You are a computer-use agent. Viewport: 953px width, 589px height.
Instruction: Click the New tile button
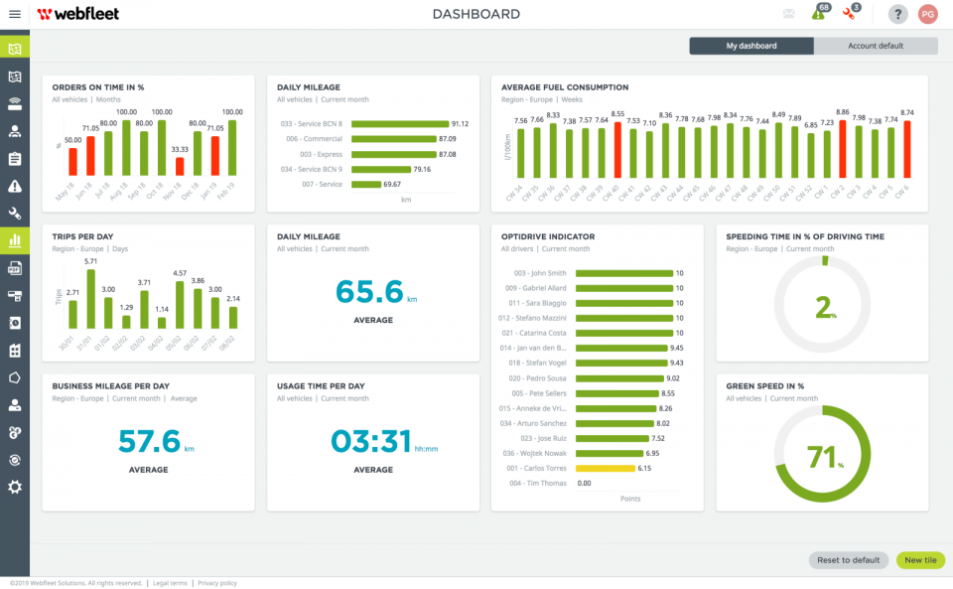tap(920, 560)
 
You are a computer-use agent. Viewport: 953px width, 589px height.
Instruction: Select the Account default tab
tap(875, 46)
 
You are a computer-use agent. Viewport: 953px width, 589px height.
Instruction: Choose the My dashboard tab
tap(751, 46)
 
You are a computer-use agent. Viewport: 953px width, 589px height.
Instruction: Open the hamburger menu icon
tap(15, 14)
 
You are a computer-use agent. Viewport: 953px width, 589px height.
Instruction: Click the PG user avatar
tap(927, 14)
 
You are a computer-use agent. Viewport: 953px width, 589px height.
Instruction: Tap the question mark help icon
tap(897, 14)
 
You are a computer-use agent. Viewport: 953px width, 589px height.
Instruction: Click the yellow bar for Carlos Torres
tap(605, 468)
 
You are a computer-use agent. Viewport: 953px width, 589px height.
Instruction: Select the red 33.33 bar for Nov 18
tap(180, 167)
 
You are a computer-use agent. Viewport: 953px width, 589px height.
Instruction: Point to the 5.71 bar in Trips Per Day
tap(90, 299)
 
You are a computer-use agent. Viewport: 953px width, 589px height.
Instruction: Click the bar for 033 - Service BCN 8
tap(399, 124)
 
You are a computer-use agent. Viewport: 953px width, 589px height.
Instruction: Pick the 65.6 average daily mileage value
tap(369, 292)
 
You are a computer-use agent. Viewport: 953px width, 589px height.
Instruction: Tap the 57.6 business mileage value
tap(149, 441)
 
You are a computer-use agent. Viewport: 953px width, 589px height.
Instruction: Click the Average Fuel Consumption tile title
tap(564, 87)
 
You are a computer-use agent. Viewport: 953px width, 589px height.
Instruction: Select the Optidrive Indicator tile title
tap(546, 237)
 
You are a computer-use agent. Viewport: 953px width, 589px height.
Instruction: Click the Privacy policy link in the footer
tap(217, 583)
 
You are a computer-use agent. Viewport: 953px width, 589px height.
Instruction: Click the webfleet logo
tap(80, 14)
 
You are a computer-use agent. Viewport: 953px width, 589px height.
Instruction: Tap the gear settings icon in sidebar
tap(15, 487)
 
